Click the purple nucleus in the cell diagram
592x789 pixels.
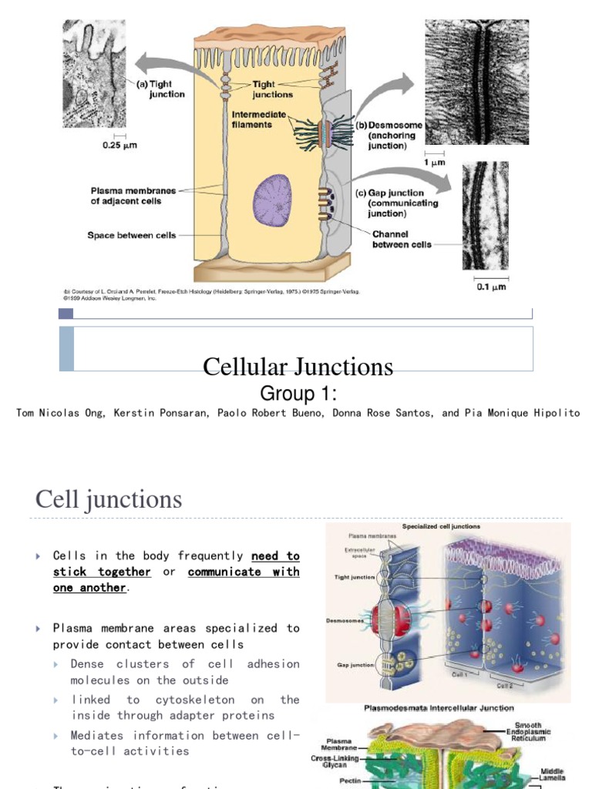(272, 200)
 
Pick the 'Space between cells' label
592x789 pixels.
(131, 235)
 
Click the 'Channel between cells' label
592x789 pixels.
(401, 239)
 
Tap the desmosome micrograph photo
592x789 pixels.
(476, 82)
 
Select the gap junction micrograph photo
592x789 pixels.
(485, 215)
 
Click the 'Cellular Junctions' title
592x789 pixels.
(298, 367)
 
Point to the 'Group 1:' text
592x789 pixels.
(298, 394)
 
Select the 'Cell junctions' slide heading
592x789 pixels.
(109, 500)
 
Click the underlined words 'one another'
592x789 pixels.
(89, 588)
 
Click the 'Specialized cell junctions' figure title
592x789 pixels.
(442, 527)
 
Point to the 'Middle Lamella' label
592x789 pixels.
(552, 774)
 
